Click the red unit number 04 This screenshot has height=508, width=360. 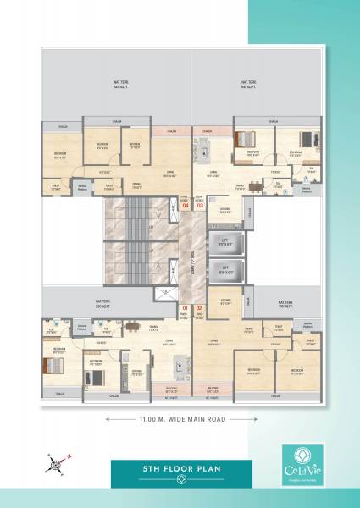[x=186, y=206]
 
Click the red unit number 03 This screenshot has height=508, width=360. [x=201, y=206]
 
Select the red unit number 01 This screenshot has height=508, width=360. [x=186, y=307]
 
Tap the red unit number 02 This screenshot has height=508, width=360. [x=200, y=307]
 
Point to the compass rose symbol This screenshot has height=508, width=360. [x=54, y=461]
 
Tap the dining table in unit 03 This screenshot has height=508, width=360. [x=256, y=185]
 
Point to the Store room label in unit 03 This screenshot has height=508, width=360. [x=225, y=208]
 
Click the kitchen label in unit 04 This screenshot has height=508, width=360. [x=135, y=145]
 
